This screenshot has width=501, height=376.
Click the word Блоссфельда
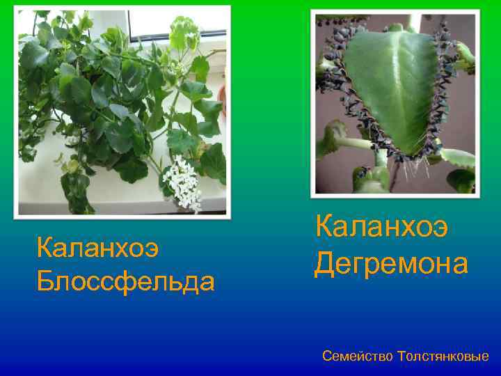125,281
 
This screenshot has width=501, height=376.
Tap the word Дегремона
390,263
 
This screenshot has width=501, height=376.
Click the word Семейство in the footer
357,357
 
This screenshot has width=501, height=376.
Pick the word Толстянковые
443,357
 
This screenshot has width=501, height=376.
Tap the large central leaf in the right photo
390,84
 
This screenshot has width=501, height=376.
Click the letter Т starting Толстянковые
401,357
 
